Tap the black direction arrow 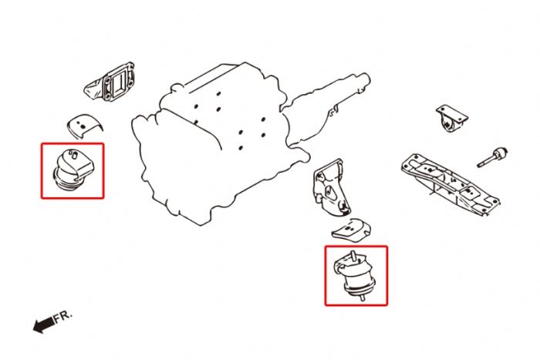pos(43,325)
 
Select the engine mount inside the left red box pos(74,169)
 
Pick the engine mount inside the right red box pos(356,275)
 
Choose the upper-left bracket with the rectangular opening pos(110,82)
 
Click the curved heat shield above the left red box pos(85,126)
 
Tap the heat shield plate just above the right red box pos(351,228)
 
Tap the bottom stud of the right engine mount pos(362,298)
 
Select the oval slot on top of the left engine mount pos(74,154)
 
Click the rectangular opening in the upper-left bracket pos(119,82)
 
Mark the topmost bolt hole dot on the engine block pos(218,93)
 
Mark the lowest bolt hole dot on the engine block pos(241,148)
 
